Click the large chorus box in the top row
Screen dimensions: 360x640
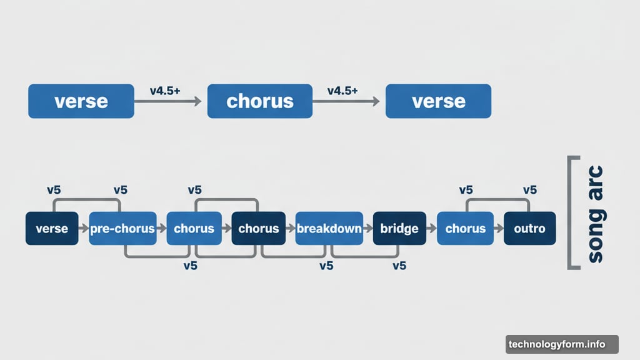click(x=259, y=101)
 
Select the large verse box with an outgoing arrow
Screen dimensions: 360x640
click(x=81, y=101)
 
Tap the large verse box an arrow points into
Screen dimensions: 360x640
click(x=438, y=101)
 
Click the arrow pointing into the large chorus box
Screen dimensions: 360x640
click(x=168, y=101)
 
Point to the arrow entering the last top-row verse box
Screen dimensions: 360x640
click(x=346, y=101)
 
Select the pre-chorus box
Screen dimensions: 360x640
click(x=122, y=229)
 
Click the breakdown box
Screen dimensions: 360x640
click(x=329, y=229)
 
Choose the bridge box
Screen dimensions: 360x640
click(x=399, y=229)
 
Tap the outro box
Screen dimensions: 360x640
click(x=530, y=229)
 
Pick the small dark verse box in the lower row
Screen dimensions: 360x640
click(x=52, y=229)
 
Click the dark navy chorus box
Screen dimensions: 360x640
click(x=258, y=229)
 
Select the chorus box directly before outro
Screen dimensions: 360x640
click(x=465, y=229)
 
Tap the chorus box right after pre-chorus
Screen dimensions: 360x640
click(x=194, y=229)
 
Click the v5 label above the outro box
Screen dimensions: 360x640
click(x=529, y=190)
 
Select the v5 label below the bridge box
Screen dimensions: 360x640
click(x=399, y=266)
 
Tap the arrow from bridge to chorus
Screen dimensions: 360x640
click(x=431, y=229)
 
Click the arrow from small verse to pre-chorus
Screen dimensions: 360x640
click(x=83, y=229)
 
